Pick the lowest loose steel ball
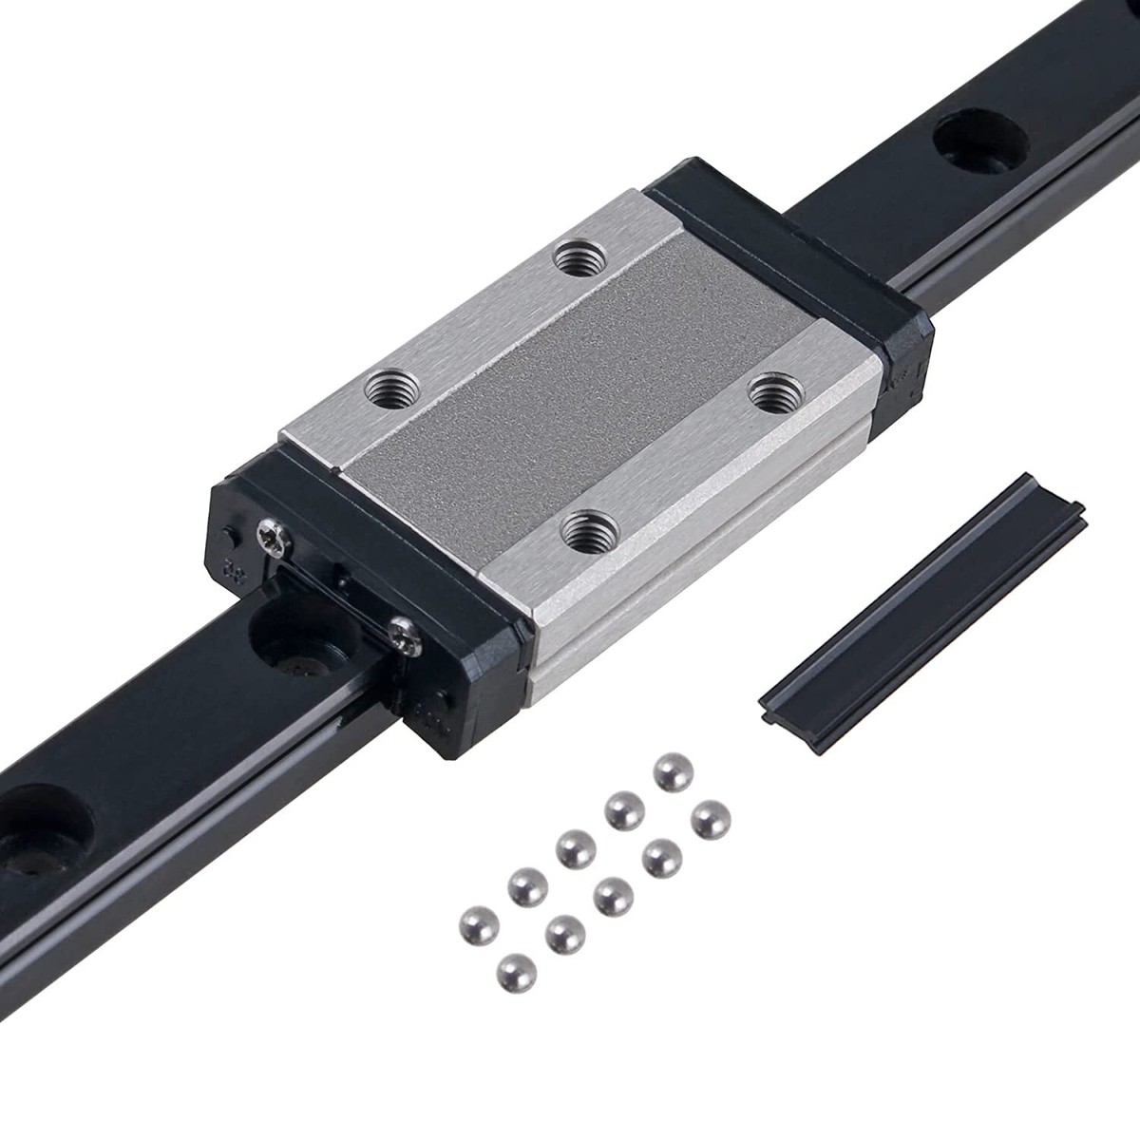(x=514, y=974)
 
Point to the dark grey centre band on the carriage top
(x=579, y=389)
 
